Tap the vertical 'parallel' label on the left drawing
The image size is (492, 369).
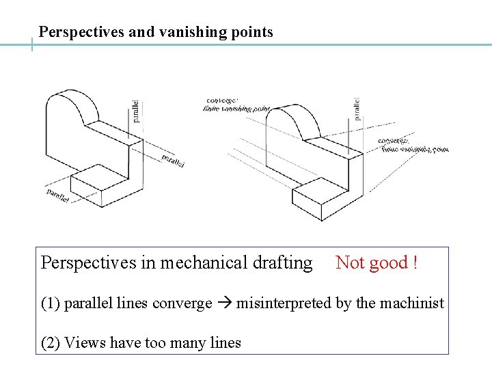click(137, 110)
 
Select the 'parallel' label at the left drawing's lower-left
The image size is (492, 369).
click(58, 194)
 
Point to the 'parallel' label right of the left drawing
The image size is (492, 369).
click(173, 160)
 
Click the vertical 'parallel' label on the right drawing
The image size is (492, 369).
click(357, 109)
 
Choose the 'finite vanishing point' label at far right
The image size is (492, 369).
click(415, 148)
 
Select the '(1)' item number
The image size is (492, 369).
click(51, 303)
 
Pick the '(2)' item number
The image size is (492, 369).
click(51, 343)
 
